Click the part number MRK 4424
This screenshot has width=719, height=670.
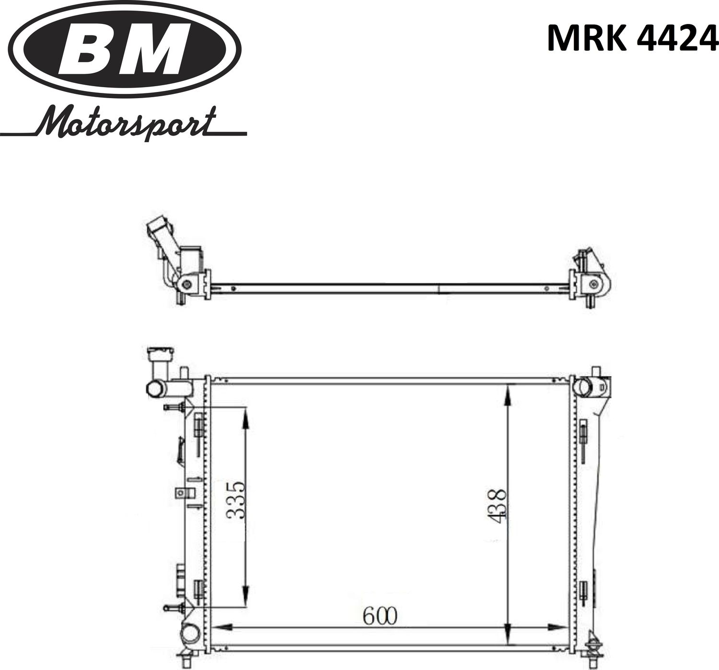[x=632, y=38]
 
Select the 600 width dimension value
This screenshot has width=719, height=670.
[x=380, y=616]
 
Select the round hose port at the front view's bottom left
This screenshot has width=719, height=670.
[x=190, y=636]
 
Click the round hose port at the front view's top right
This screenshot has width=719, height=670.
[x=583, y=386]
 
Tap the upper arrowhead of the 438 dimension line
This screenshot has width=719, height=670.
[x=508, y=393]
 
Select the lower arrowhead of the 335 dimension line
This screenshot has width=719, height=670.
[x=245, y=595]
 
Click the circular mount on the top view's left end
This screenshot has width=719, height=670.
[x=186, y=285]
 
